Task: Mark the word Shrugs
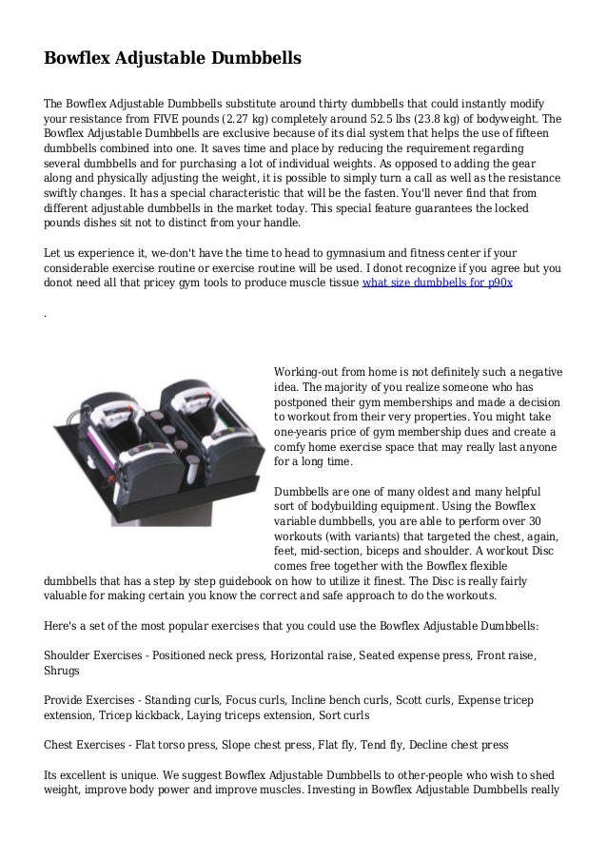(x=65, y=672)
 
